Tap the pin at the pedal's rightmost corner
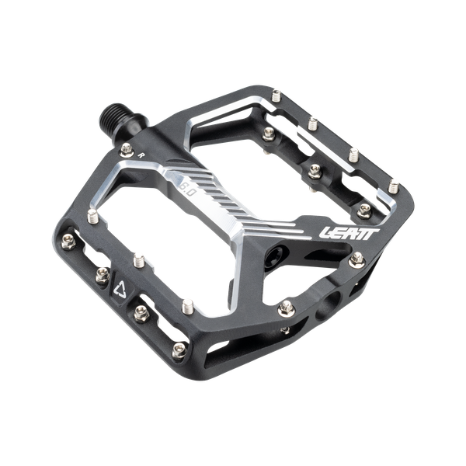(396, 186)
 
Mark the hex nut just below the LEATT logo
(357, 259)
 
